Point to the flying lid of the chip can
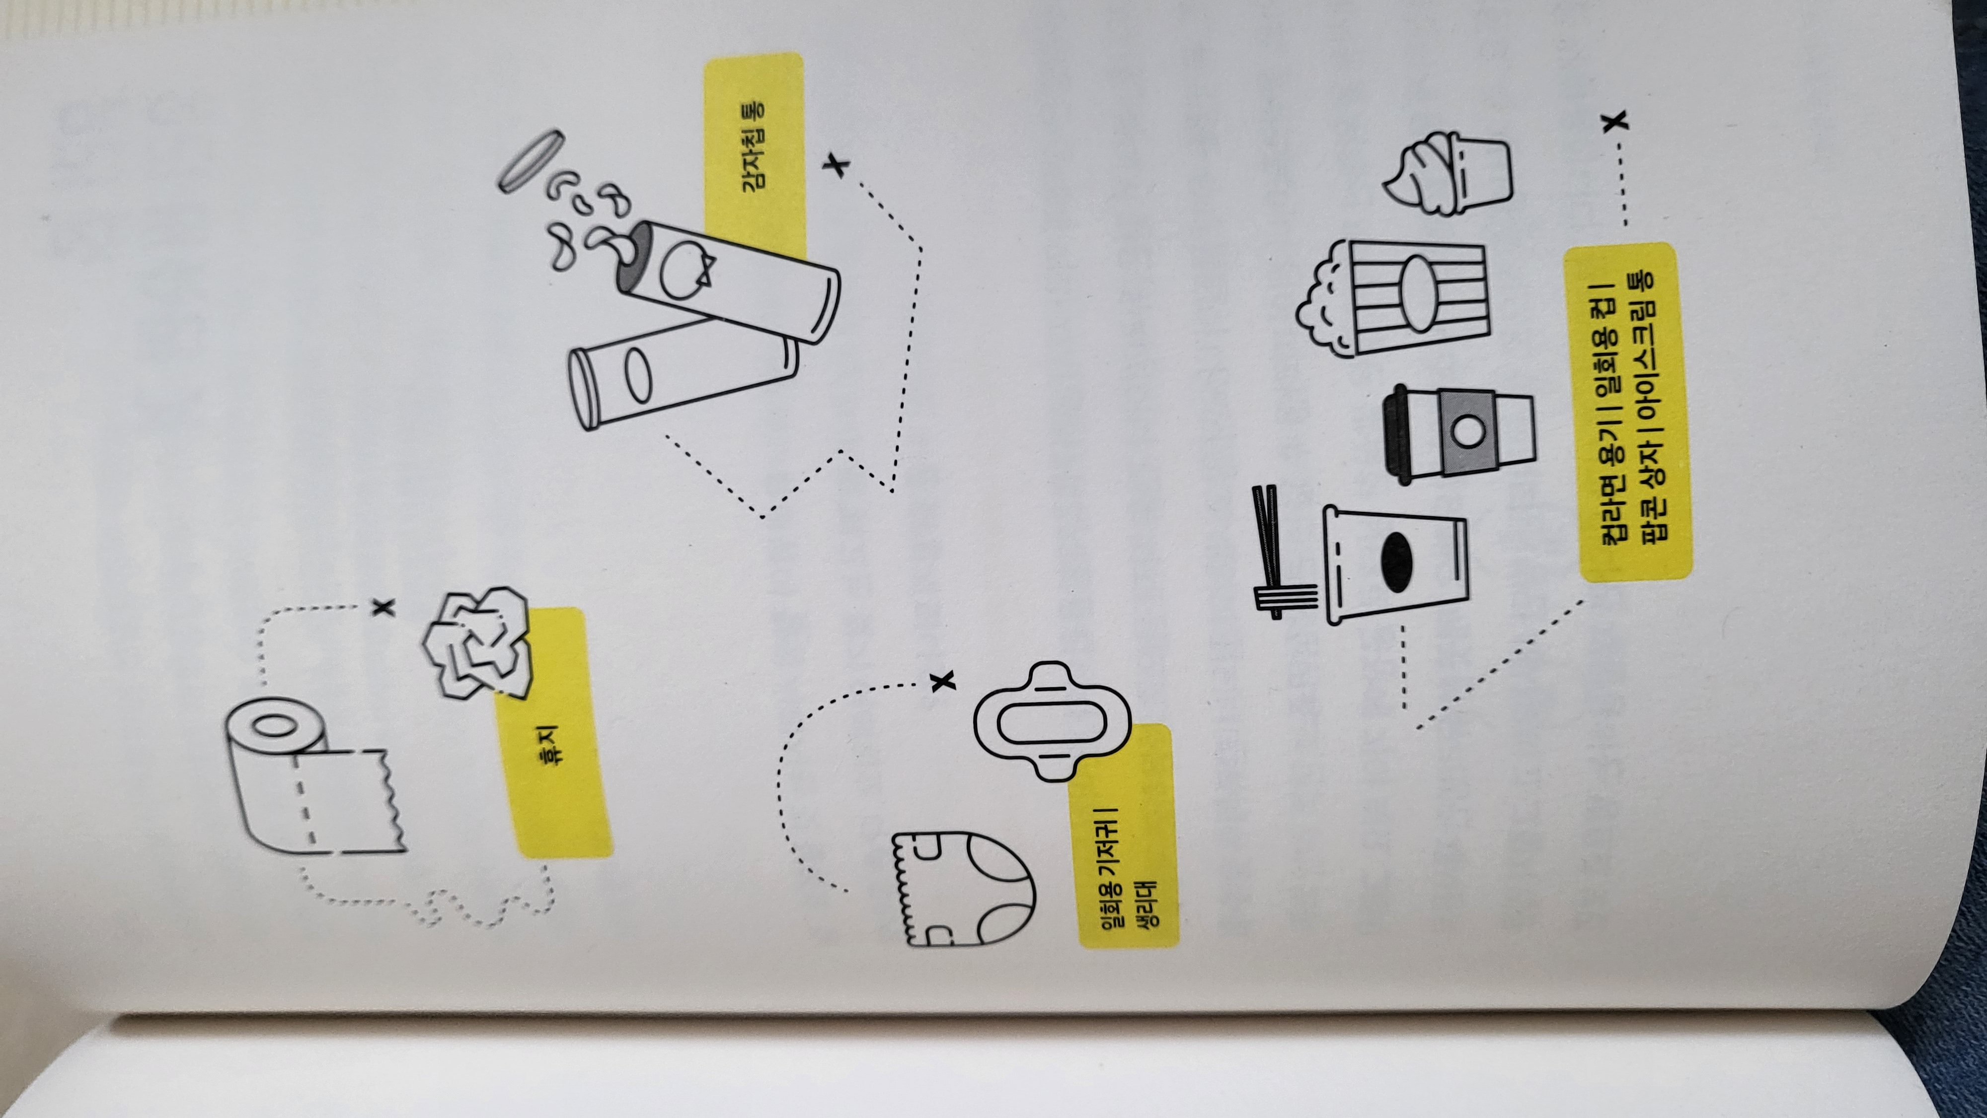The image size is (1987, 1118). [529, 162]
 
